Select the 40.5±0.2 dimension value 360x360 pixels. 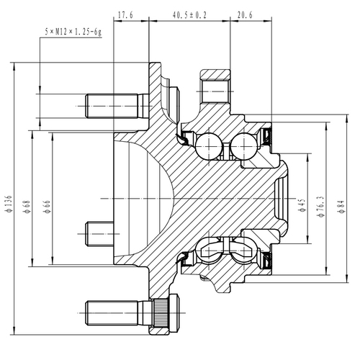189,14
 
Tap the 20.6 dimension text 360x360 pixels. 245,14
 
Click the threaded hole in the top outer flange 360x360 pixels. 214,92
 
